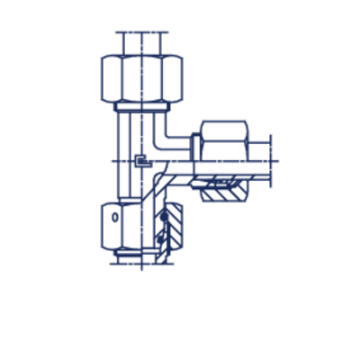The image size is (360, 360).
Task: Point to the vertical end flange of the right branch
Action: point(268,162)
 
